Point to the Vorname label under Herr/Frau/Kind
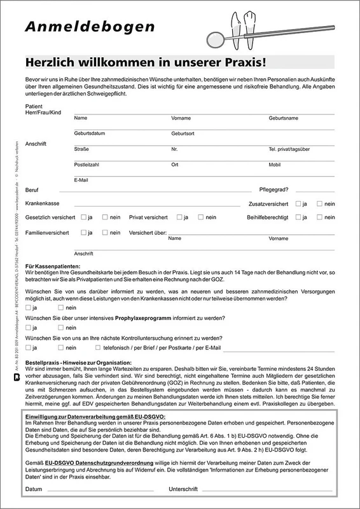(181, 118)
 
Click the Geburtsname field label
(284, 118)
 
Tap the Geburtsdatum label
(89, 134)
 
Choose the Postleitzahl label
(87, 165)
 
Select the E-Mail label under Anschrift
(81, 180)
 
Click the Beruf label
(32, 190)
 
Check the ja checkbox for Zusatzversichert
(299, 204)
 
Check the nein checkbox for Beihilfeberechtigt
(321, 218)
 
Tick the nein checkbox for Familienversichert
(104, 233)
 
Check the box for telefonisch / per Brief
(97, 348)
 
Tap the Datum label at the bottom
(34, 489)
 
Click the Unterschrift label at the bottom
(183, 489)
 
